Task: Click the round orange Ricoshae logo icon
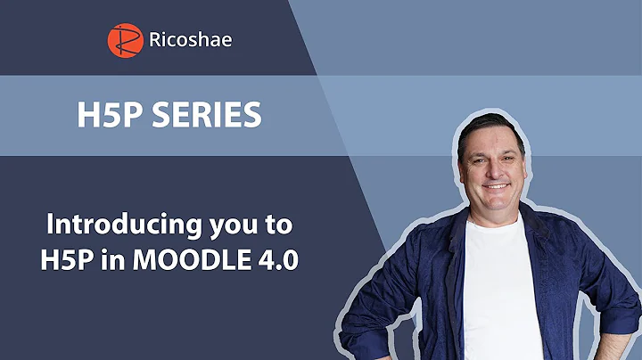[125, 38]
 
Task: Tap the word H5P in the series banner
[95, 117]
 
